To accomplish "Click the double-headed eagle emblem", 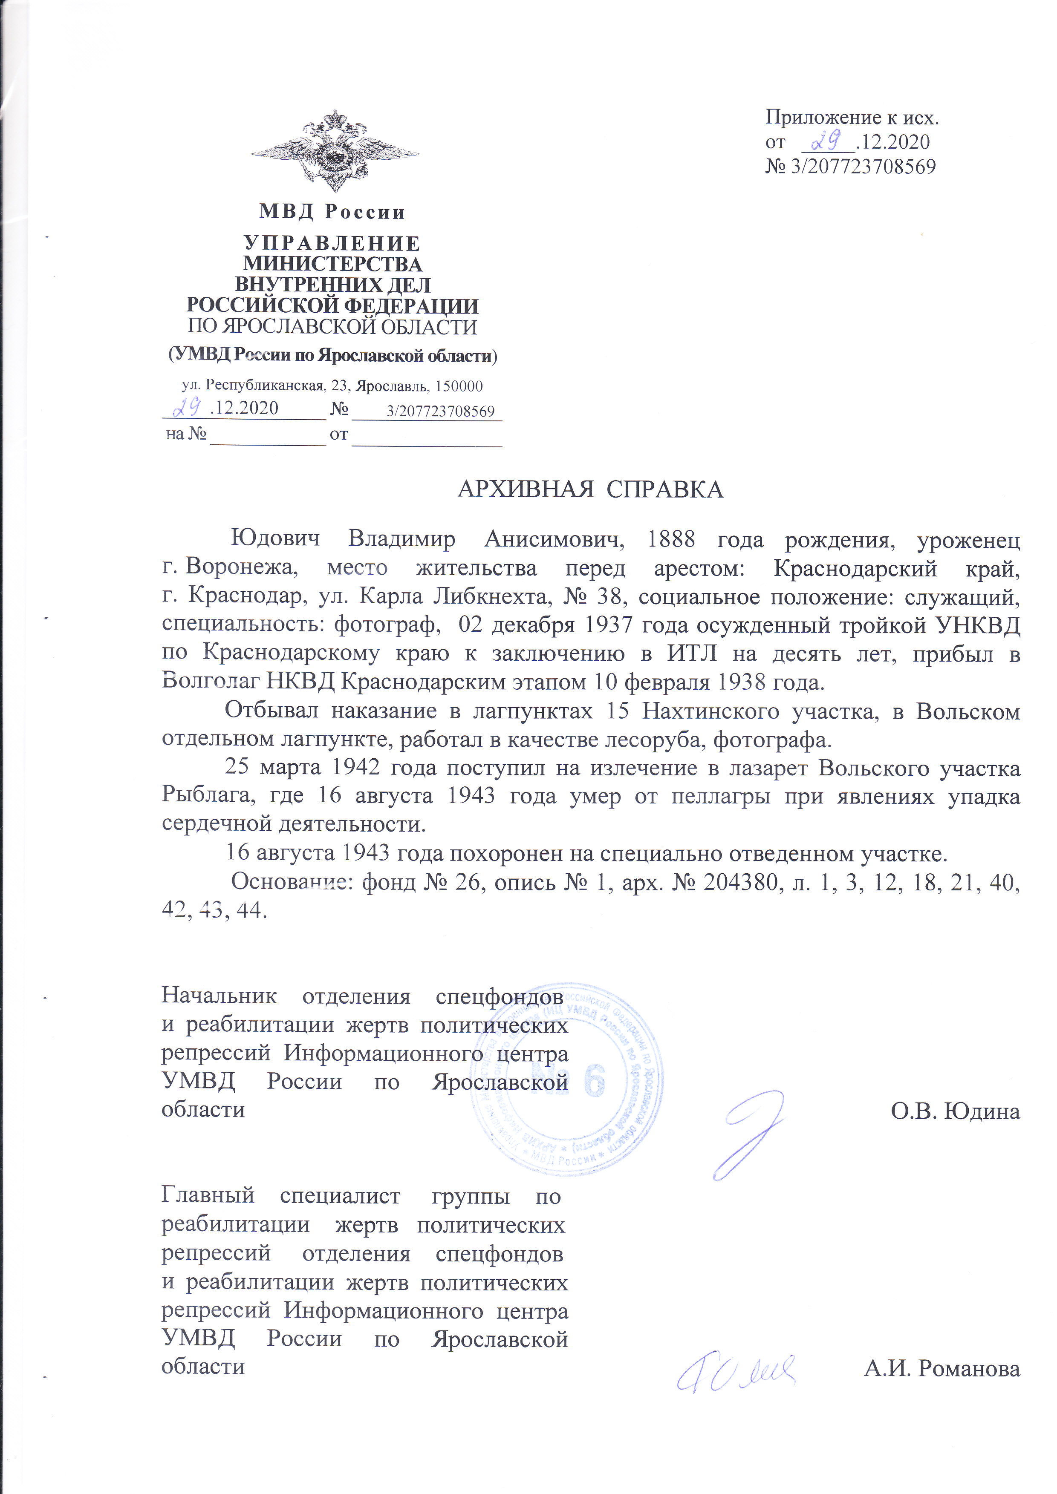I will pyautogui.click(x=334, y=151).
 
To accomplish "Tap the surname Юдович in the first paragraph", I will pyautogui.click(x=276, y=539).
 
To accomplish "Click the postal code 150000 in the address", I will pyautogui.click(x=459, y=386).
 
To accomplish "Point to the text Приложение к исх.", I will pyautogui.click(x=852, y=117).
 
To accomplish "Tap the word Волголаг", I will pyautogui.click(x=210, y=682).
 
